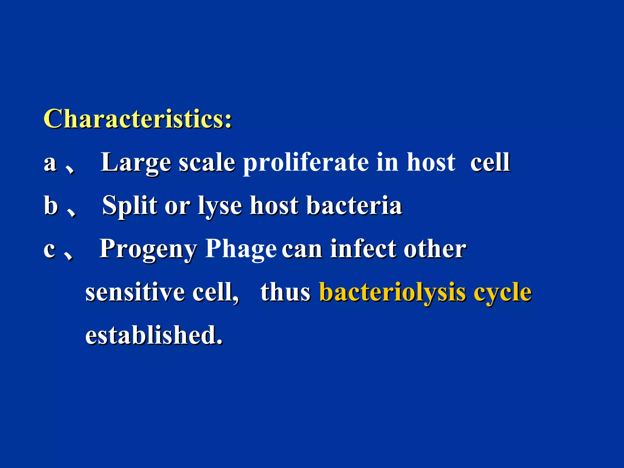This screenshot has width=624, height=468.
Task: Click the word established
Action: [x=154, y=335]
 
